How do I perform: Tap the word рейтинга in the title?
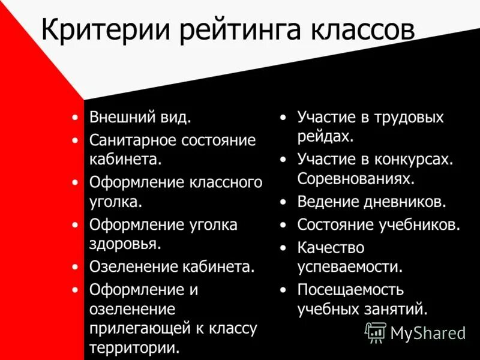point(224,30)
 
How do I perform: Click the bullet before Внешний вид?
point(74,118)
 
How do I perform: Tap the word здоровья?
point(124,244)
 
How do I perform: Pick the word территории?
point(133,349)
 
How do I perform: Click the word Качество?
point(331,248)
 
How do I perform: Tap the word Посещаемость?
point(350,290)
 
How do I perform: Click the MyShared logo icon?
point(376,332)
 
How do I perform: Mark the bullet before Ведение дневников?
point(283,202)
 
